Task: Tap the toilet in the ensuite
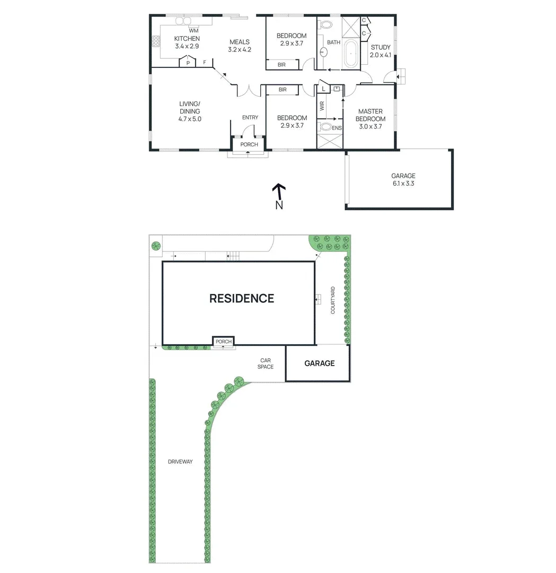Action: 324,127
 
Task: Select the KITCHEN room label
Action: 187,39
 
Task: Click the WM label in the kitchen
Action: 193,31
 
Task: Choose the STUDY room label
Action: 380,47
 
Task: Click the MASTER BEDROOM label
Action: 370,115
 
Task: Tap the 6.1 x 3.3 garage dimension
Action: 403,184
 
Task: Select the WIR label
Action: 322,106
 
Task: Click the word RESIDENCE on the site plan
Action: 242,298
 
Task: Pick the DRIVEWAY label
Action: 180,462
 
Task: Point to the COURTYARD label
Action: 333,300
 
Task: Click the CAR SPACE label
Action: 266,363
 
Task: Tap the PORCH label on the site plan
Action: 223,341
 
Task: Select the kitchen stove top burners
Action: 156,40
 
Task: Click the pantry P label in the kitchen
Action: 188,63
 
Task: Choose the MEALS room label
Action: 239,42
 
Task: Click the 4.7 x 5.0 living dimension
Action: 190,119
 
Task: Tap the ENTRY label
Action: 250,117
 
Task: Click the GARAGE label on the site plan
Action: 319,363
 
